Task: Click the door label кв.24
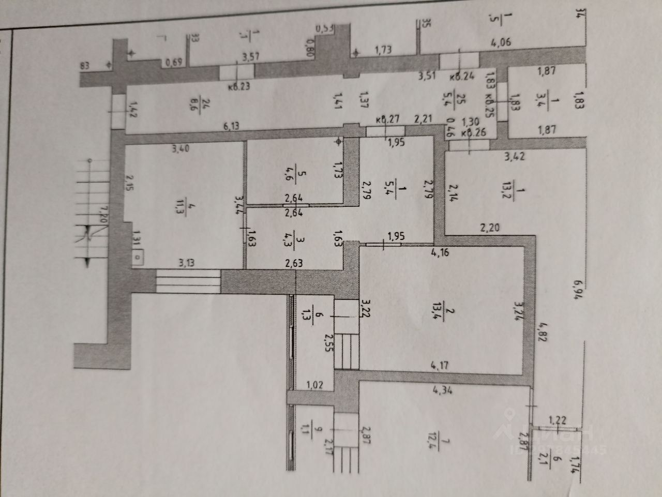tap(461, 78)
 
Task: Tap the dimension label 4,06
tap(500, 43)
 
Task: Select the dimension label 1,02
tap(315, 384)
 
